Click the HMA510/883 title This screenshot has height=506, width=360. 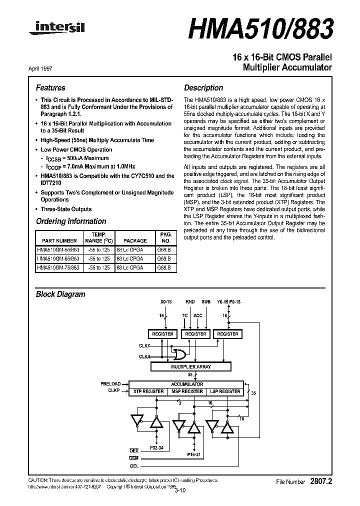[260, 29]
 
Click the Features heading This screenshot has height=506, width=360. [50, 87]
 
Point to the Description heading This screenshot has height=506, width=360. [203, 87]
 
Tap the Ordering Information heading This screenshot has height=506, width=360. [71, 221]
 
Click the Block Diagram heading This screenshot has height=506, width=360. [60, 294]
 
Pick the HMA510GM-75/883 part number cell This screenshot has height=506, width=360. [58, 267]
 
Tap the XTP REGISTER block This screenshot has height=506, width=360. [146, 391]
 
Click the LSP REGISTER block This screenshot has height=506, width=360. [225, 391]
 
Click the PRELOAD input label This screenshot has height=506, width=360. [111, 384]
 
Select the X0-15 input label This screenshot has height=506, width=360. [165, 301]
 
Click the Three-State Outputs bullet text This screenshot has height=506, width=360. [66, 209]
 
